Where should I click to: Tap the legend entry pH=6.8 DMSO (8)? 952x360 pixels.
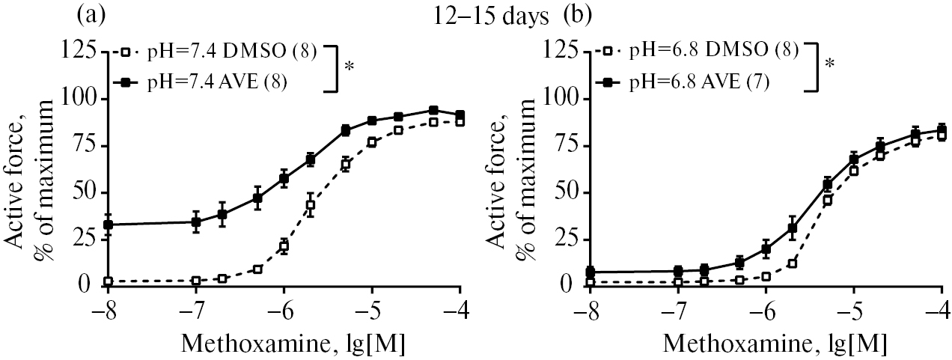[710, 52]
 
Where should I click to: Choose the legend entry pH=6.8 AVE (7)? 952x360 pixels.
[704, 82]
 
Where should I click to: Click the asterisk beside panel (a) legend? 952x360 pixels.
[350, 67]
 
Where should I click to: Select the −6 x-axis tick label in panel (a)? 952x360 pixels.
[279, 307]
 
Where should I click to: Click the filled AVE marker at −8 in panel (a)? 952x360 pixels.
[109, 225]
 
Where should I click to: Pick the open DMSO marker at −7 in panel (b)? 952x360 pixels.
[678, 282]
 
